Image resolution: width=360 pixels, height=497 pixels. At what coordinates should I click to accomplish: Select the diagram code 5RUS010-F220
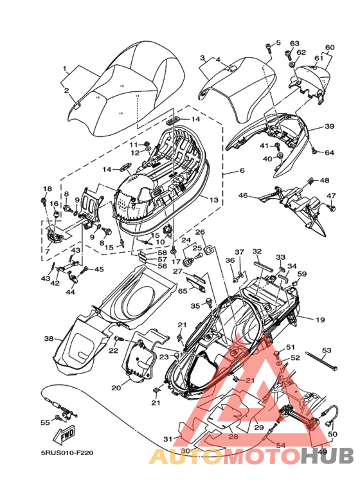[67, 453]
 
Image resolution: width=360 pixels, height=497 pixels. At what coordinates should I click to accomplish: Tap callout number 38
[49, 339]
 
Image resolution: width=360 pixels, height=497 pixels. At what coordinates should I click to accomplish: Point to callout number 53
[327, 350]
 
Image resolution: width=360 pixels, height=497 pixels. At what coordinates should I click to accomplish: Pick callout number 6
[242, 170]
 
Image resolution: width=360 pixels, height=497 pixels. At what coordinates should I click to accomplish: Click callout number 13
[214, 200]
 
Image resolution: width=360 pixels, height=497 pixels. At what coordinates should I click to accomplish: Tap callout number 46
[243, 195]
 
